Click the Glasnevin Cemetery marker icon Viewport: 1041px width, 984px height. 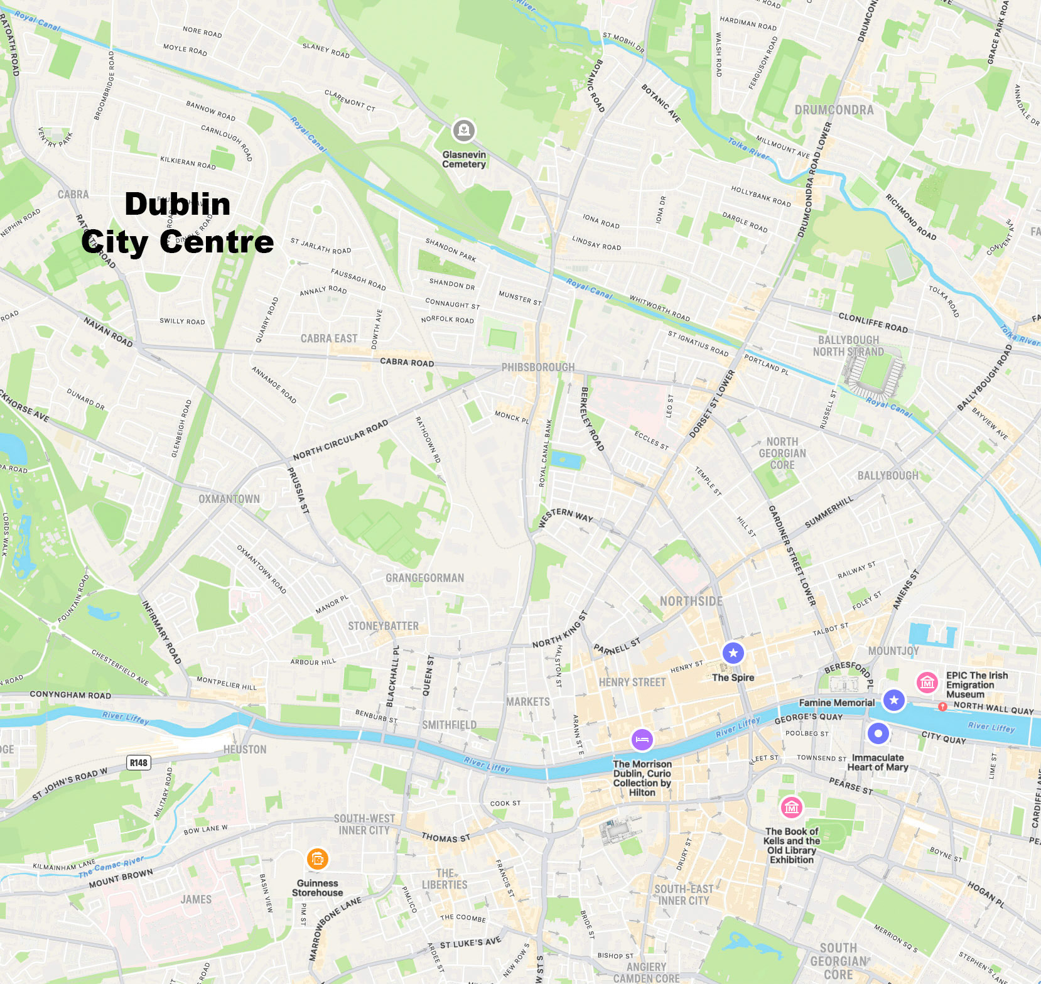[464, 131]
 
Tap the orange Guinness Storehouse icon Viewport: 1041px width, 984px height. [318, 858]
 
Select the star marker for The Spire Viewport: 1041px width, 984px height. [733, 653]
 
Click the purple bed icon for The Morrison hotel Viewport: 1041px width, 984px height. [642, 740]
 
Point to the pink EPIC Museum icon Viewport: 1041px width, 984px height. [927, 683]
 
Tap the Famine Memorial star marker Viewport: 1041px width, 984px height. [893, 700]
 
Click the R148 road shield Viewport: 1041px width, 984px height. [139, 763]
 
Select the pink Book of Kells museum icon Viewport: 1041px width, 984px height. [792, 808]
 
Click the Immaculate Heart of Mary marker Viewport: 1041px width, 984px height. [878, 733]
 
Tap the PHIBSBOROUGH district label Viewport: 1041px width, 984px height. [537, 367]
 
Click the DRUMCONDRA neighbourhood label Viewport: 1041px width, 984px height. [834, 110]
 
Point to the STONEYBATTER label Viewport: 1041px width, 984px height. [383, 626]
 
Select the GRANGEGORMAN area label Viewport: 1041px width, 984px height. [424, 578]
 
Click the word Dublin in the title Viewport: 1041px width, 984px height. [178, 204]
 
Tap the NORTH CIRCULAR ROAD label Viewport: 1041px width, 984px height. [340, 440]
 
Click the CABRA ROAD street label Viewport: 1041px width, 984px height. [407, 362]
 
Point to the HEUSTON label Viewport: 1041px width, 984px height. [245, 749]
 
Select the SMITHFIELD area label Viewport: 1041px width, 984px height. [449, 725]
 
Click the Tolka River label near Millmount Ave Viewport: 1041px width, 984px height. [748, 149]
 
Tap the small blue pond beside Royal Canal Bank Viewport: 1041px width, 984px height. [566, 460]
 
